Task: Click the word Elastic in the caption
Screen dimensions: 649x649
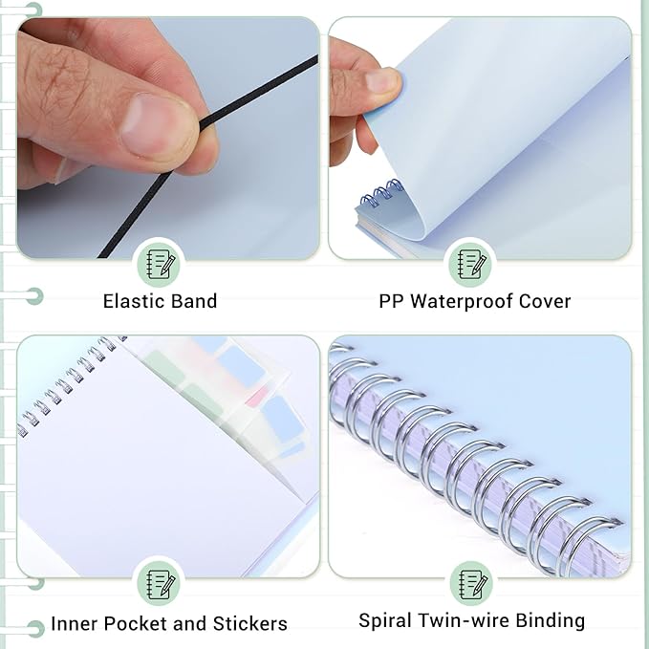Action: pos(135,301)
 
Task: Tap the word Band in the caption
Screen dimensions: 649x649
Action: pos(193,301)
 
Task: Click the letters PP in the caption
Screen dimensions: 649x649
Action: pos(392,301)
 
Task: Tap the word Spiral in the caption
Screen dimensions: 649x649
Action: pos(386,620)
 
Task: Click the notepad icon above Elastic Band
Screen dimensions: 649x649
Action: pos(161,262)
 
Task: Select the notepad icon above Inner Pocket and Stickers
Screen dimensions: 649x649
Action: pos(161,584)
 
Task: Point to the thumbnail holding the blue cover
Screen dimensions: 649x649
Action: pos(383,80)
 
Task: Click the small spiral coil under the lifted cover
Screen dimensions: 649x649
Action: pos(381,193)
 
